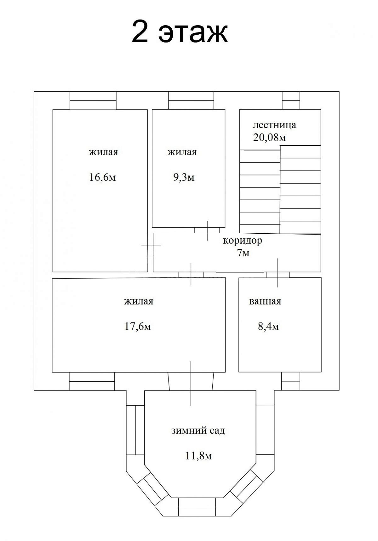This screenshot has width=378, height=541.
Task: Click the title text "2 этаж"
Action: tap(180, 32)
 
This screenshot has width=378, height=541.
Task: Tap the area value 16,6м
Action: tap(103, 177)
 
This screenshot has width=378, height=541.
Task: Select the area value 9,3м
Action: tap(184, 177)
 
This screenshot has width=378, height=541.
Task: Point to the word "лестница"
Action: tap(275, 125)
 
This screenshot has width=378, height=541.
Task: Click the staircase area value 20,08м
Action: tap(270, 138)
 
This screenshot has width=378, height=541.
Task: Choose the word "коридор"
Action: tap(243, 241)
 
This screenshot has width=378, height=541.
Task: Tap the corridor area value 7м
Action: tap(243, 253)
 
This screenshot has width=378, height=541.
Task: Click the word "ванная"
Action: tap(265, 301)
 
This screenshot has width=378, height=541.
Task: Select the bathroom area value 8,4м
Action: tap(268, 327)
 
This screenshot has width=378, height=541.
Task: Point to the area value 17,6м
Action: tap(138, 327)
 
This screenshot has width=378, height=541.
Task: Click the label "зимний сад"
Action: tap(198, 430)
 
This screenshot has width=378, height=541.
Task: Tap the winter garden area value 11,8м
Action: tap(198, 456)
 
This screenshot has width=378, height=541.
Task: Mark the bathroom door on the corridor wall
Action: tap(278, 275)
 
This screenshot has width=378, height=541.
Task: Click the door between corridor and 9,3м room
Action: tap(207, 230)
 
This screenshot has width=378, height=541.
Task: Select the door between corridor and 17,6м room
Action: tap(191, 275)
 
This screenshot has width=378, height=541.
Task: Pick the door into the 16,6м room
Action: tap(151, 245)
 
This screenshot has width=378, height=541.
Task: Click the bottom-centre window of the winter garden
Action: tap(197, 507)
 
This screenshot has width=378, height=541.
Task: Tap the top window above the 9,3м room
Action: tap(191, 100)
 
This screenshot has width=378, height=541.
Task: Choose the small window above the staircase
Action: tap(291, 100)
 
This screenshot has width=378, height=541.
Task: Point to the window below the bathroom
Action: tap(291, 381)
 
